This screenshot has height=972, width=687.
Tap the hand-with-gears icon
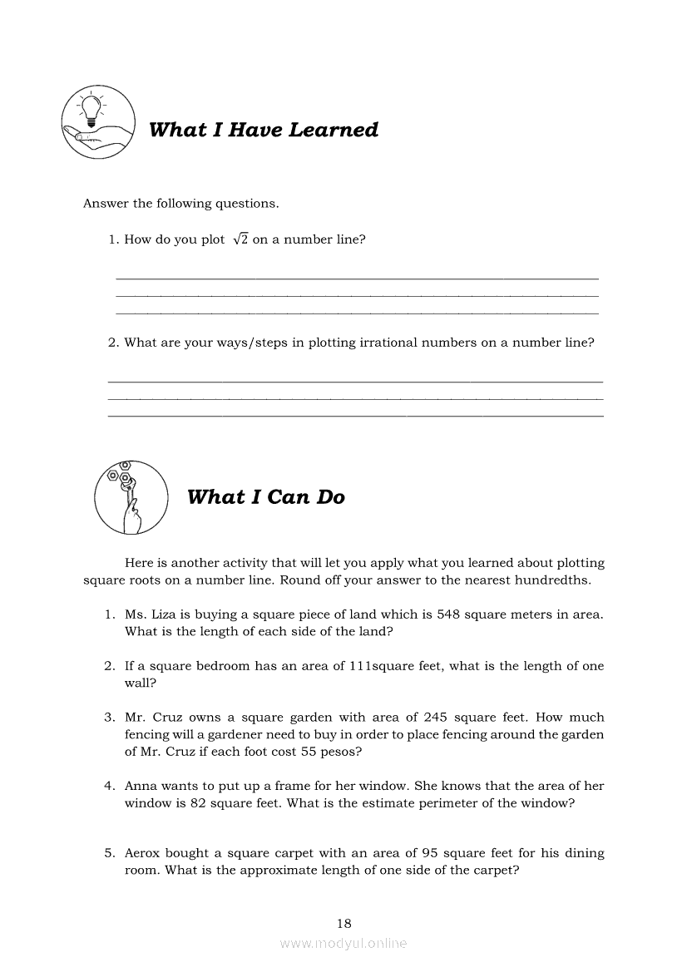pos(131,497)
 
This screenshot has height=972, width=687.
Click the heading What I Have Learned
pos(263,130)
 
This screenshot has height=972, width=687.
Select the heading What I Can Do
pos(265,497)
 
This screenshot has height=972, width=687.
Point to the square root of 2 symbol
pos(240,239)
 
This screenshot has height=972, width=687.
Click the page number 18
pos(344,923)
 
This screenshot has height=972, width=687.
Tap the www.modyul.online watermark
pos(343,943)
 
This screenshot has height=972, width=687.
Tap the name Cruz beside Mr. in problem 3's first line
pos(171,717)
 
